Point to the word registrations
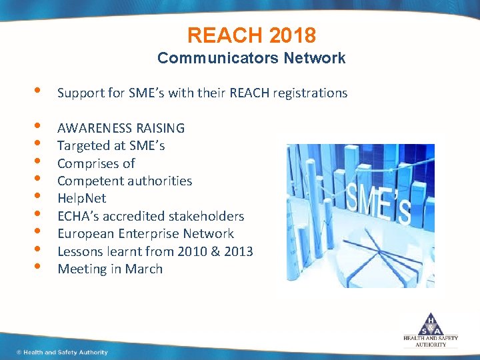pyautogui.click(x=309, y=93)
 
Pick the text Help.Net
pyautogui.click(x=81, y=199)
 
